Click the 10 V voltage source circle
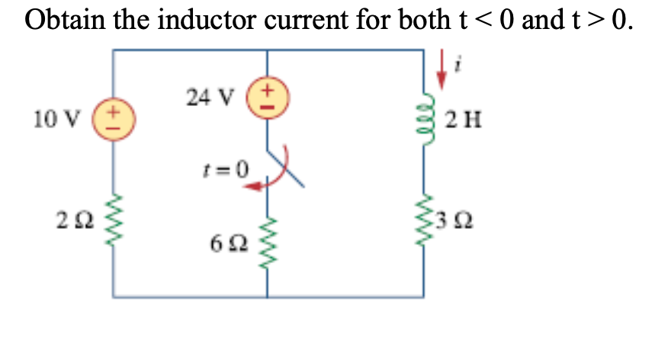[x=114, y=120]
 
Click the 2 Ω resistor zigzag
[x=114, y=221]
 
